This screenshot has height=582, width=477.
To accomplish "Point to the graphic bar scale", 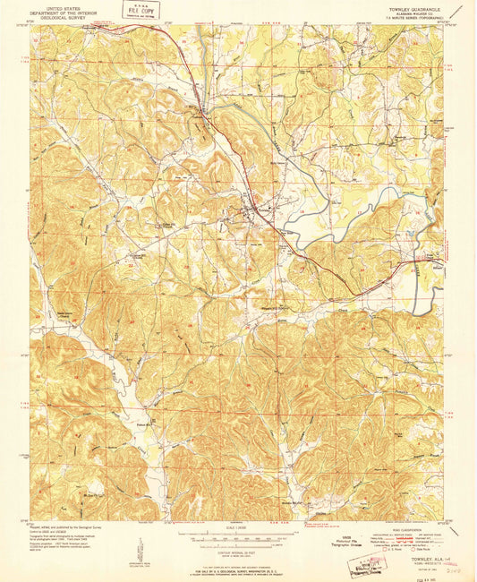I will pyautogui.click(x=236, y=535).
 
